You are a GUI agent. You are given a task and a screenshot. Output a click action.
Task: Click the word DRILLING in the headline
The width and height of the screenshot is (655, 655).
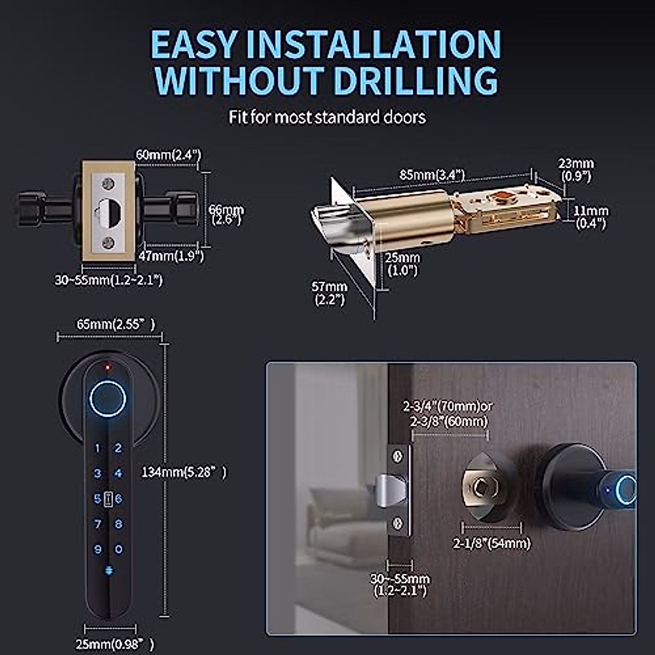[x=415, y=81]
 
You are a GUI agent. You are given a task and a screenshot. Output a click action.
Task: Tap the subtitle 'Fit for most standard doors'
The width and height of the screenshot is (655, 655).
[x=327, y=117]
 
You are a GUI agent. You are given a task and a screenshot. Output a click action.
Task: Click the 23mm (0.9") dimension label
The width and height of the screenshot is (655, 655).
[x=575, y=169]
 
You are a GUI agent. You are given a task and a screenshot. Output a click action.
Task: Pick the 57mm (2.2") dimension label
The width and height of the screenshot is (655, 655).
[x=329, y=293]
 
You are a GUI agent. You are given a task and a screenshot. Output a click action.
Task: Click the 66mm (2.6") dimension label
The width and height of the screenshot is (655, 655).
[x=226, y=215]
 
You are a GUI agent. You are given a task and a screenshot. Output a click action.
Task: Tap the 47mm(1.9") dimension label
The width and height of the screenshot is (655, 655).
[x=171, y=255]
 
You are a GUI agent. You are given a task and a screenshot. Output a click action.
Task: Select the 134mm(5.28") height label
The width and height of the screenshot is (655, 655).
[x=183, y=472]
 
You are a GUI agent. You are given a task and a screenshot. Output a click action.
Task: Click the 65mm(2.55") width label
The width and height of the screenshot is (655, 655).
[x=115, y=324]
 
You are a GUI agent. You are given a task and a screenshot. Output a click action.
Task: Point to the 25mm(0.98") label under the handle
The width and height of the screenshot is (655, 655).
[x=114, y=644]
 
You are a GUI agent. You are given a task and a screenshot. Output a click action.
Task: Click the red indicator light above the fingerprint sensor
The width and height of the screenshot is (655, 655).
[x=108, y=366]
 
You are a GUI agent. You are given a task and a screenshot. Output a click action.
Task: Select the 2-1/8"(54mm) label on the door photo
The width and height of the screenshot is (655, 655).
[x=491, y=544]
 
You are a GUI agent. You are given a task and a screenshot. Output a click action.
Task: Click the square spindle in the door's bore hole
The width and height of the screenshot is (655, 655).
[x=481, y=487]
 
